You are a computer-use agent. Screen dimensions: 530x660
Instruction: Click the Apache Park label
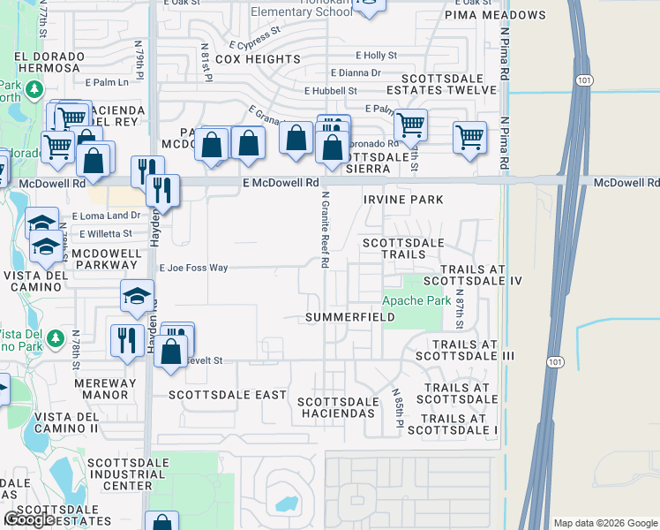click(x=416, y=300)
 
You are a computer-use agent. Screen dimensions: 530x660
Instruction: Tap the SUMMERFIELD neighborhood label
click(x=344, y=317)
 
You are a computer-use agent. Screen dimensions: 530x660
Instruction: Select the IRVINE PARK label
click(x=403, y=200)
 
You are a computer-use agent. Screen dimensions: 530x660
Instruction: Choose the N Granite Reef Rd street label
click(x=325, y=231)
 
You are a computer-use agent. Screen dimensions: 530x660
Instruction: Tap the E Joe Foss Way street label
click(x=193, y=268)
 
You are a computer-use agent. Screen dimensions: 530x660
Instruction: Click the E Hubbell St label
click(x=331, y=91)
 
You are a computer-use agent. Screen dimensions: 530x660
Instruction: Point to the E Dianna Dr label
click(x=356, y=73)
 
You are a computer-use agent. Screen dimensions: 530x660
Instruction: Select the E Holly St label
click(x=377, y=55)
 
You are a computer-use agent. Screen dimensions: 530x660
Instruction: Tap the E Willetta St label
click(x=105, y=234)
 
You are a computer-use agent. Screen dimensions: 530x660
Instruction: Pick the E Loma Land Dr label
click(x=106, y=216)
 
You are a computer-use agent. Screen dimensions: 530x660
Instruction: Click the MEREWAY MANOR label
click(x=106, y=390)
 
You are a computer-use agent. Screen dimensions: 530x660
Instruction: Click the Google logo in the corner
click(x=28, y=519)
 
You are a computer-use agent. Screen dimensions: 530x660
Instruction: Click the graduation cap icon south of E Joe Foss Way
click(x=137, y=299)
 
